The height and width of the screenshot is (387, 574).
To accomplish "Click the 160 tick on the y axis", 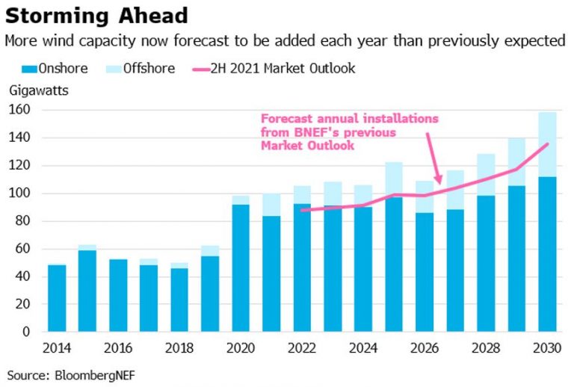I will click(19, 111).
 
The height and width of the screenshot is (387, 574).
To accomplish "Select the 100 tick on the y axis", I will click(19, 193).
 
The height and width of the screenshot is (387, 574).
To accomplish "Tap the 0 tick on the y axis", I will click(25, 332).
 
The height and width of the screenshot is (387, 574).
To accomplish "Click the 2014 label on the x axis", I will click(58, 347).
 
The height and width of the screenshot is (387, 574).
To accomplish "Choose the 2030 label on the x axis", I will click(547, 347).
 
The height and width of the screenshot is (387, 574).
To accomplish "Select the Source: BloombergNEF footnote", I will click(63, 373).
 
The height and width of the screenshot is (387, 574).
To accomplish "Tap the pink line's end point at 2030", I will click(547, 144).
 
